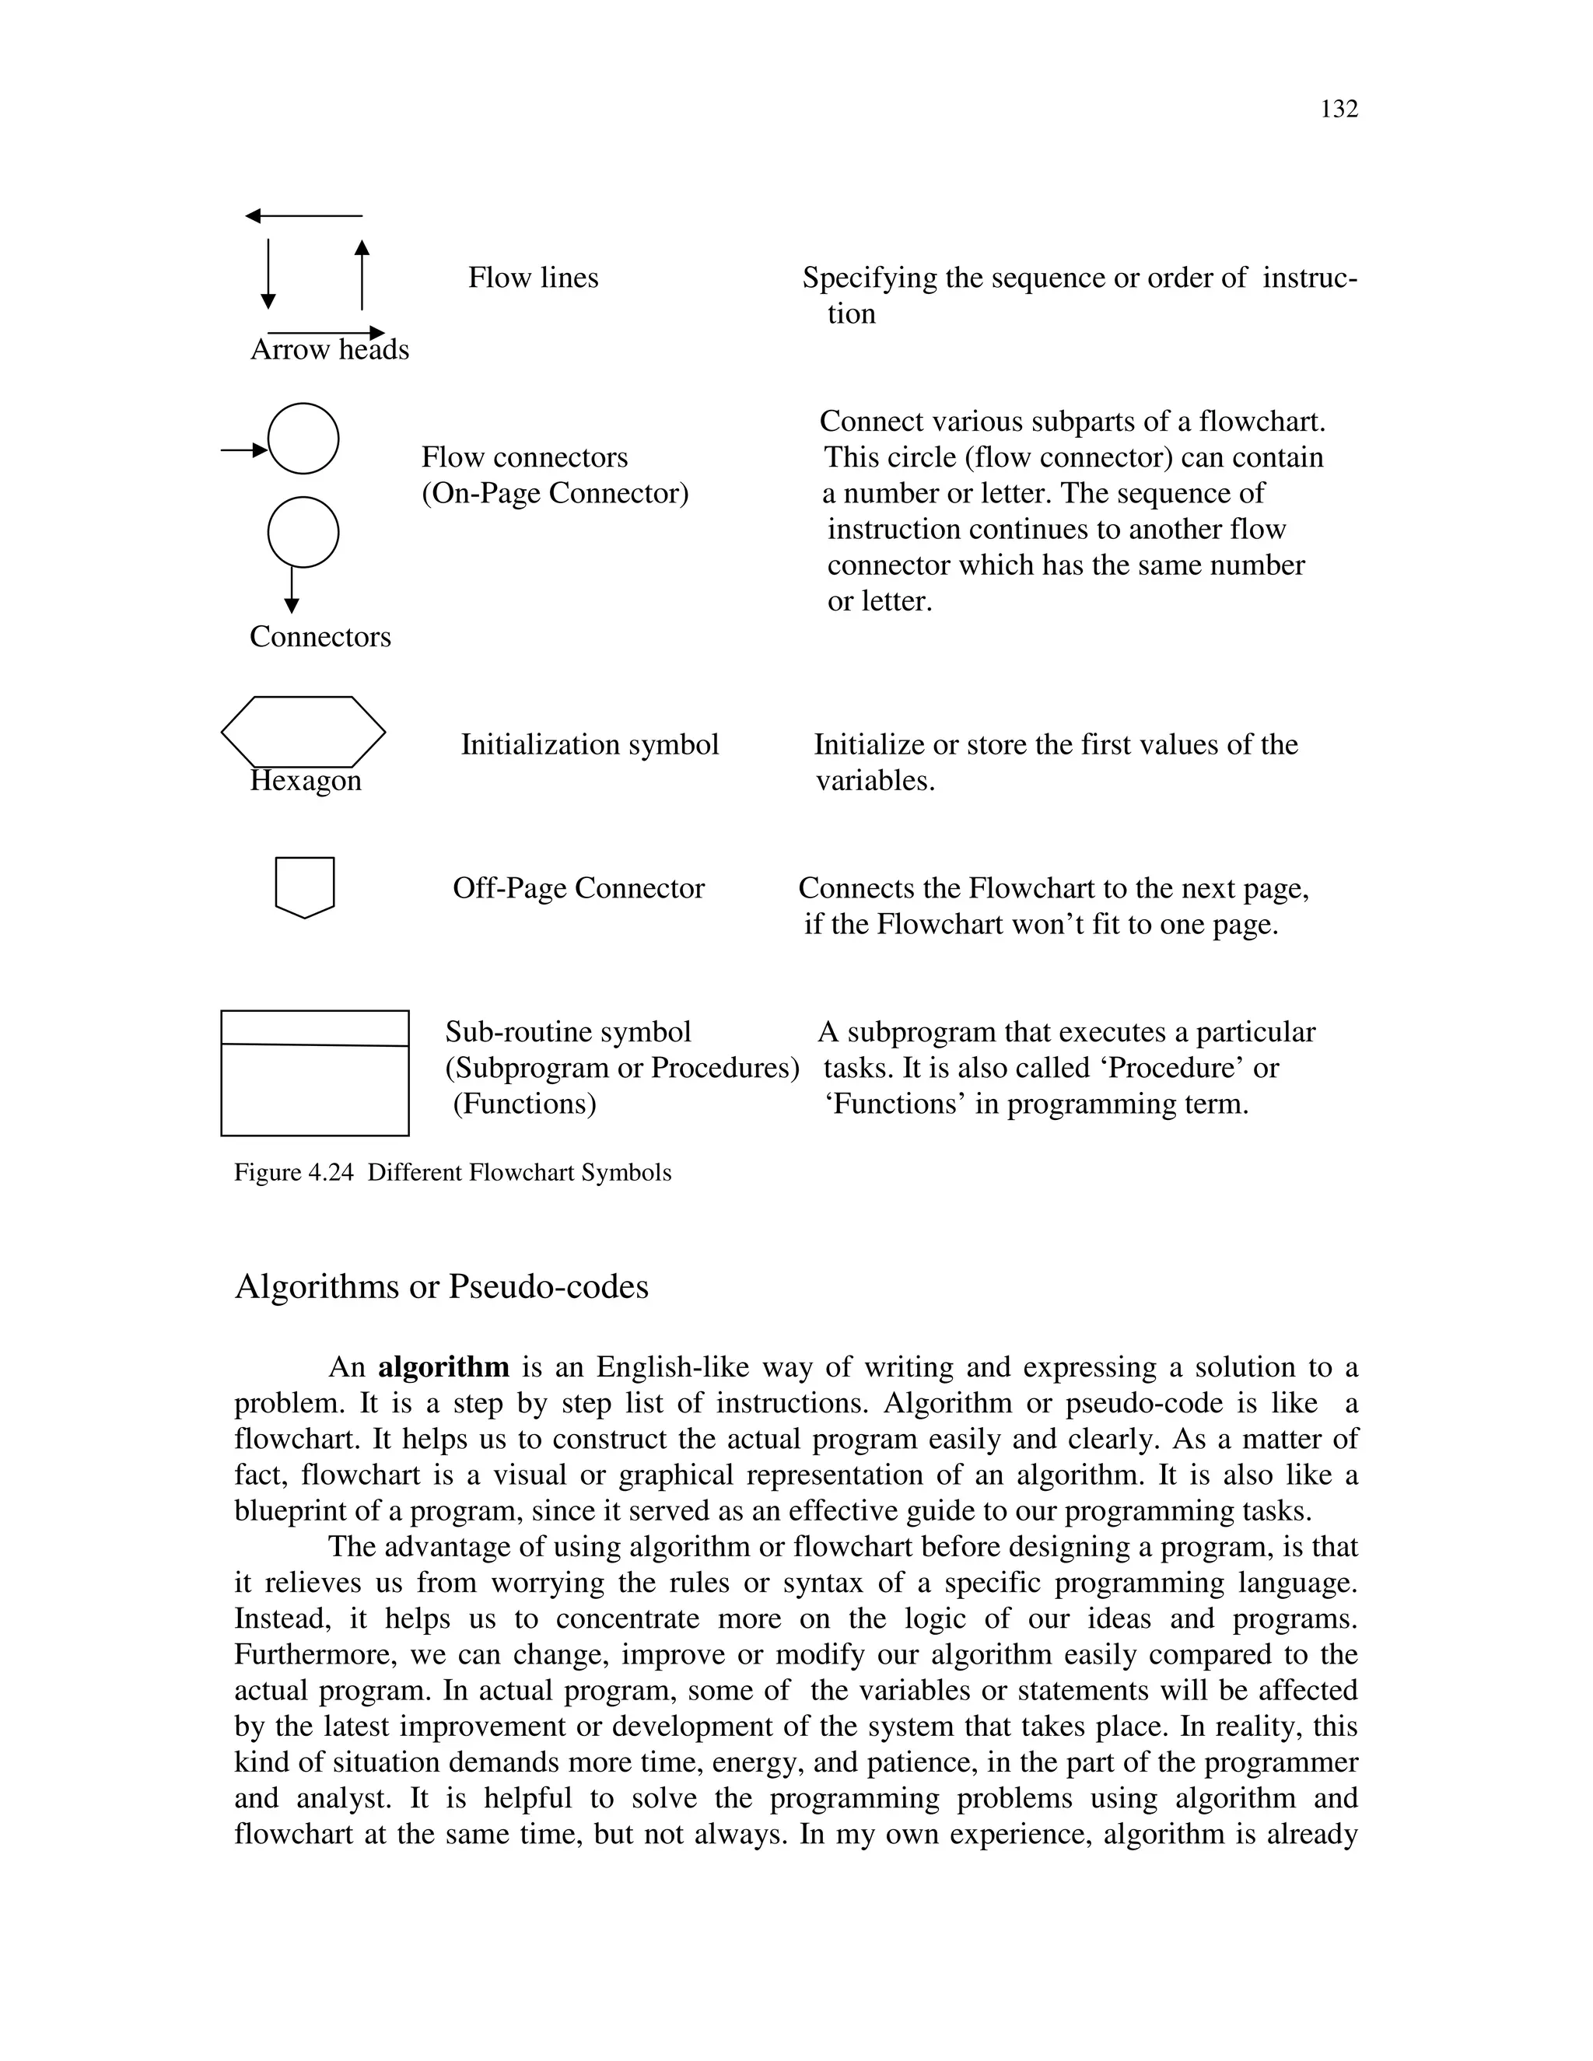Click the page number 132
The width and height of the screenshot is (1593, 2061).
click(1338, 110)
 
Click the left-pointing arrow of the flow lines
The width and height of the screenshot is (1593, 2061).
click(303, 217)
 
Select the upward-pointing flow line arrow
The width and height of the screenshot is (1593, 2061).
click(362, 274)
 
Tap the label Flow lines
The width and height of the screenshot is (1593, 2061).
click(533, 278)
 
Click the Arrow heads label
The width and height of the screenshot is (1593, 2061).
click(329, 350)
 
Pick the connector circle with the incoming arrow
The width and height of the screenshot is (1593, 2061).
click(303, 439)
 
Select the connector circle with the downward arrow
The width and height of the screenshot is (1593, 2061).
click(303, 532)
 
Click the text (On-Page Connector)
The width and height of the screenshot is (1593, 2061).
click(555, 494)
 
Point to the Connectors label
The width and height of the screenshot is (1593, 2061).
click(320, 637)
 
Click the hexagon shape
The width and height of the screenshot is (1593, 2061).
click(303, 731)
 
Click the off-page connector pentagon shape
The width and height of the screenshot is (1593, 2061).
click(305, 885)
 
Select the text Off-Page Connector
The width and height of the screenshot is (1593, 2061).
click(579, 888)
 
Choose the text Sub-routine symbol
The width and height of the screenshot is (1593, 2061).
click(568, 1031)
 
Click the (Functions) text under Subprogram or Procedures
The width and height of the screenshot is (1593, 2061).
click(525, 1103)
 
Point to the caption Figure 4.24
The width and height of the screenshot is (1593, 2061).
click(453, 1173)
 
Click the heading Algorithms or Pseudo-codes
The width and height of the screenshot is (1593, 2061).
click(442, 1286)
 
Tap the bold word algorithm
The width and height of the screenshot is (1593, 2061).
click(443, 1367)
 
